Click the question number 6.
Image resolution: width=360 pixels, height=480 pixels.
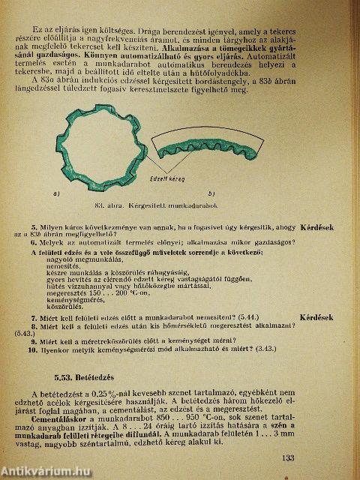pos(34,242)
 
